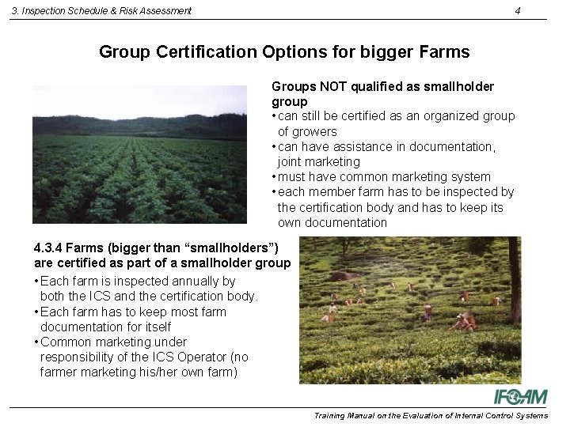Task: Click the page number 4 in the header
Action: click(517, 11)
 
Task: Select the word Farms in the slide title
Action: click(446, 52)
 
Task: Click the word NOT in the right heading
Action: click(325, 86)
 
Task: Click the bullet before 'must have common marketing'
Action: click(273, 177)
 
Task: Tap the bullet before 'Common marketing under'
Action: click(37, 342)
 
